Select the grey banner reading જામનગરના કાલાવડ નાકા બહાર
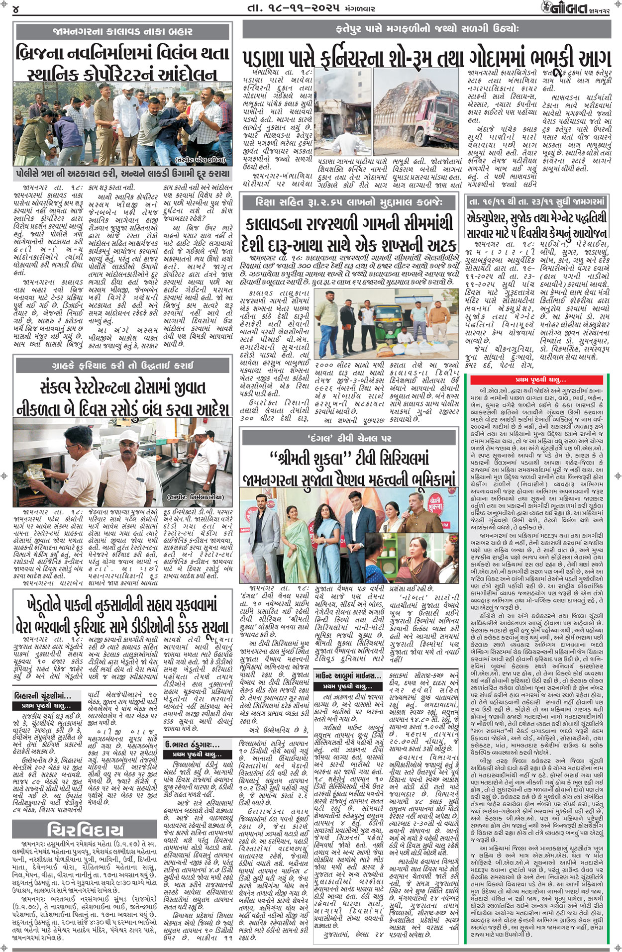(x=122, y=31)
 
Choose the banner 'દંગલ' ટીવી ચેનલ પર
(x=349, y=438)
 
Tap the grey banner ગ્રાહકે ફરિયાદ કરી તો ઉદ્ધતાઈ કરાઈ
(x=122, y=366)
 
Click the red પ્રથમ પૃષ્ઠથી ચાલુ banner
(x=540, y=380)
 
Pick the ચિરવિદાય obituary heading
(x=85, y=829)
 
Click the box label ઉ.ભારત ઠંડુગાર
(x=192, y=745)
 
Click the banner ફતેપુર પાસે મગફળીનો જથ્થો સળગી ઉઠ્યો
(x=427, y=29)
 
